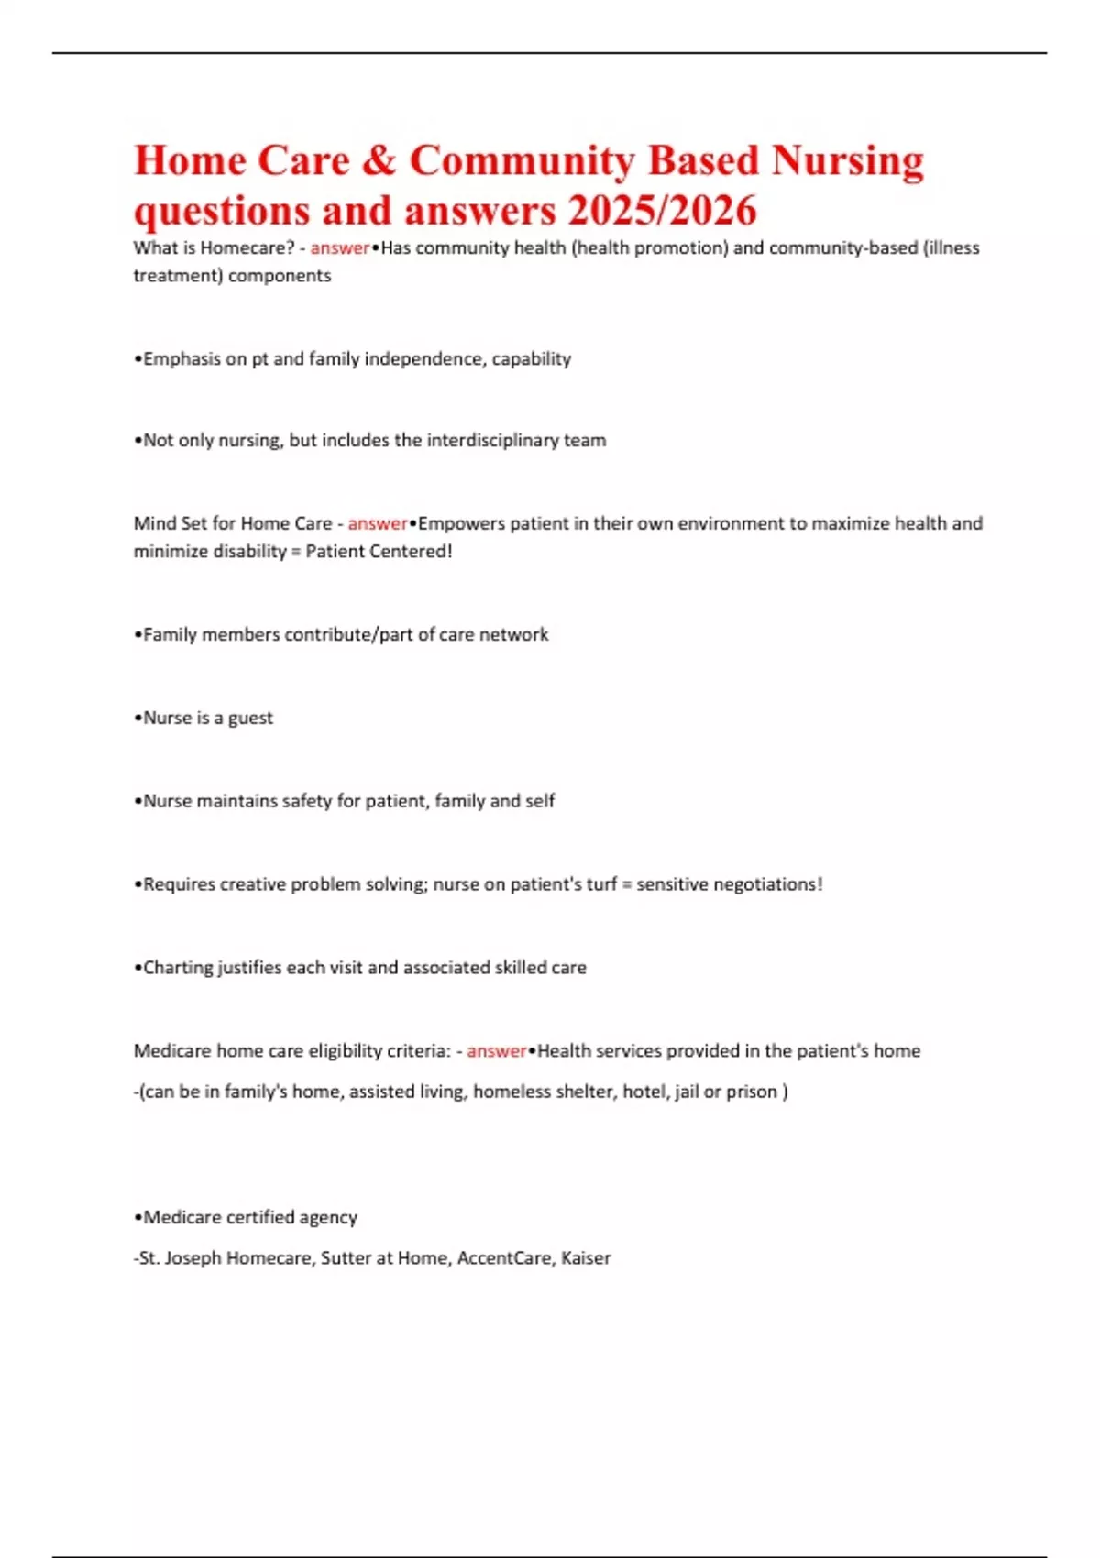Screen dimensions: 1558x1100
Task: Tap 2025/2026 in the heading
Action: point(662,211)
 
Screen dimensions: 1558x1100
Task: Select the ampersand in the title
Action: point(379,161)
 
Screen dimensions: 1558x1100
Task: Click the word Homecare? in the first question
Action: point(247,247)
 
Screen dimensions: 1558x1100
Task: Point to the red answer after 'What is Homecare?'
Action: point(339,247)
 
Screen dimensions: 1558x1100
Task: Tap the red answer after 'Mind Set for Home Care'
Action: point(377,523)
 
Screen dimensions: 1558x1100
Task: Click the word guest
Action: point(250,719)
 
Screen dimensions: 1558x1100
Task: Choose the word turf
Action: point(601,884)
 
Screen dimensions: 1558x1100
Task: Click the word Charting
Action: point(177,968)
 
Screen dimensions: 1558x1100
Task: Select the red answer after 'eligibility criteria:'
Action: point(496,1051)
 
